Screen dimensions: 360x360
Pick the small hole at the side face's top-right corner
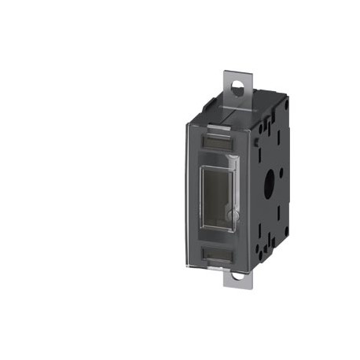[x=286, y=102]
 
